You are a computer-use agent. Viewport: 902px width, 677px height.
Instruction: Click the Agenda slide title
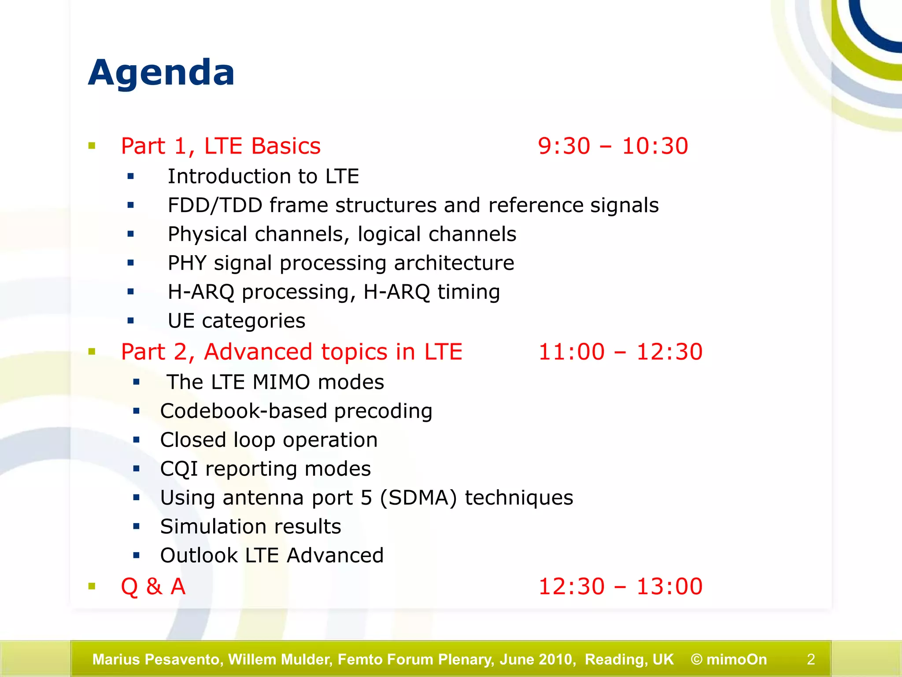click(161, 73)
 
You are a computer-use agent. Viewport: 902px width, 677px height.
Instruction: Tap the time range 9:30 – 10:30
click(613, 146)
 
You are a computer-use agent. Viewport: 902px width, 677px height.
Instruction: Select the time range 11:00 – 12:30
click(620, 352)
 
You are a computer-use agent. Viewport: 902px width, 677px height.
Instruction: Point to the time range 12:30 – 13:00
click(620, 587)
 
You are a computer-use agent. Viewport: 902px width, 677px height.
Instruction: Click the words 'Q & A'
click(153, 587)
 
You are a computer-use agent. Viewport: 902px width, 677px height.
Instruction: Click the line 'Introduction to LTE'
click(263, 176)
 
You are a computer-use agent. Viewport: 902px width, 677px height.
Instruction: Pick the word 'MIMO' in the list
click(281, 382)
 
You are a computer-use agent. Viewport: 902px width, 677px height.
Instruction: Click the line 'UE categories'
click(237, 321)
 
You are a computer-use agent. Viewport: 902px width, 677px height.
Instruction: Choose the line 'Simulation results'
click(251, 527)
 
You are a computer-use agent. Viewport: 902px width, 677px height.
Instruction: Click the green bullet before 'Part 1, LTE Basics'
click(92, 146)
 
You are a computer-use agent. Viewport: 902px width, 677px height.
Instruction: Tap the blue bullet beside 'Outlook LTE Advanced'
click(136, 555)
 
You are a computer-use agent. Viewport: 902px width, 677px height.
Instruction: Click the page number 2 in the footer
click(811, 659)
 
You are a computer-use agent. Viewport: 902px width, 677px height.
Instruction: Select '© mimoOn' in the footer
click(728, 659)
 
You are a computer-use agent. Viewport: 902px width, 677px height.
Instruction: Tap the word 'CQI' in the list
click(179, 469)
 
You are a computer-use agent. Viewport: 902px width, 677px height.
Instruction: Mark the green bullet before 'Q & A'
click(92, 586)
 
